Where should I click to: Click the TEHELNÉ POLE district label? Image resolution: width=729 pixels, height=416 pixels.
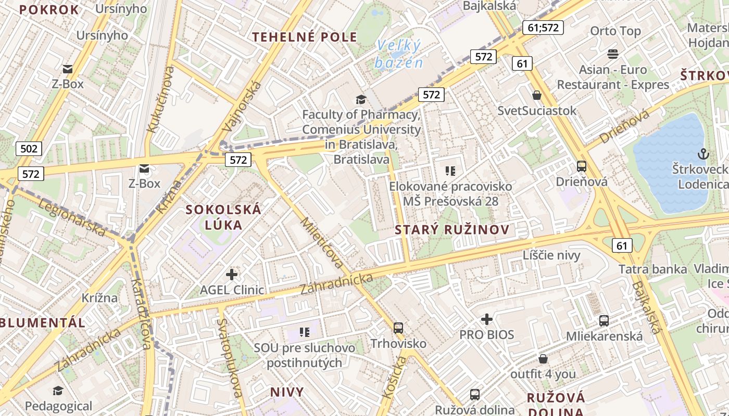click(305, 37)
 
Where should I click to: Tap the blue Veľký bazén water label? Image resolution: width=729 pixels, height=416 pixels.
click(398, 54)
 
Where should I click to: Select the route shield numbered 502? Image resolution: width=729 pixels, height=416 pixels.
click(29, 149)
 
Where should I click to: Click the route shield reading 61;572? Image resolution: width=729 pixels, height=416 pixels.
click(543, 27)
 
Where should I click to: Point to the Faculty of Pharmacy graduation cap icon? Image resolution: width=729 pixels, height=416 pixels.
click(360, 99)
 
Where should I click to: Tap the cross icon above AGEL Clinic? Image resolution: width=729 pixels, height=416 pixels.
click(232, 274)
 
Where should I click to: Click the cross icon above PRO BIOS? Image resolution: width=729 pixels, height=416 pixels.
click(487, 319)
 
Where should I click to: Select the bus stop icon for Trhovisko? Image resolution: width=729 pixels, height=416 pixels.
click(398, 328)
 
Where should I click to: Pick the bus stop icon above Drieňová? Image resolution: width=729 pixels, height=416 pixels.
click(582, 166)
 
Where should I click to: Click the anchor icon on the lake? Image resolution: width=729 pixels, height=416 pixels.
click(703, 154)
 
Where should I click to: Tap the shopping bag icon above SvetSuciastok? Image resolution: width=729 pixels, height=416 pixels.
click(537, 95)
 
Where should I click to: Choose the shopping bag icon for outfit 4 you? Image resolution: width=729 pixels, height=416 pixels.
click(543, 359)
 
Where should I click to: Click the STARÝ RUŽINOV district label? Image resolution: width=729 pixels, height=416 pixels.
click(452, 230)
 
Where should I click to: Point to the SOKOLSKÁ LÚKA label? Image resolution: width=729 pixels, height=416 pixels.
click(224, 217)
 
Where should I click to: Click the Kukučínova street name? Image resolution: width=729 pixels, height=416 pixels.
click(160, 99)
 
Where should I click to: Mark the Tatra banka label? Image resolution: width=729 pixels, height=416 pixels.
click(653, 269)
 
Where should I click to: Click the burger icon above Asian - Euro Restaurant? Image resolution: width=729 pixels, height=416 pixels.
click(613, 54)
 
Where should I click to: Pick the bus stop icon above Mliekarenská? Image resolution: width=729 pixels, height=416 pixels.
click(604, 320)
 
